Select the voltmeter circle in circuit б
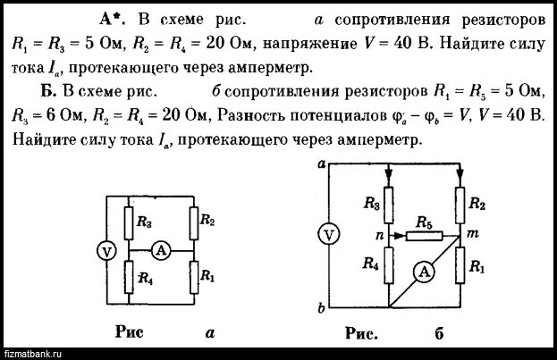coord(329,235)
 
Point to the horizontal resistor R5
coord(423,236)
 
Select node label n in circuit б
coord(378,236)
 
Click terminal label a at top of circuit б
coord(321,163)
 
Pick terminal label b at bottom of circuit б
coord(321,309)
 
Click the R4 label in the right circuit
coord(367,264)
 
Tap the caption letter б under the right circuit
coord(440,335)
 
